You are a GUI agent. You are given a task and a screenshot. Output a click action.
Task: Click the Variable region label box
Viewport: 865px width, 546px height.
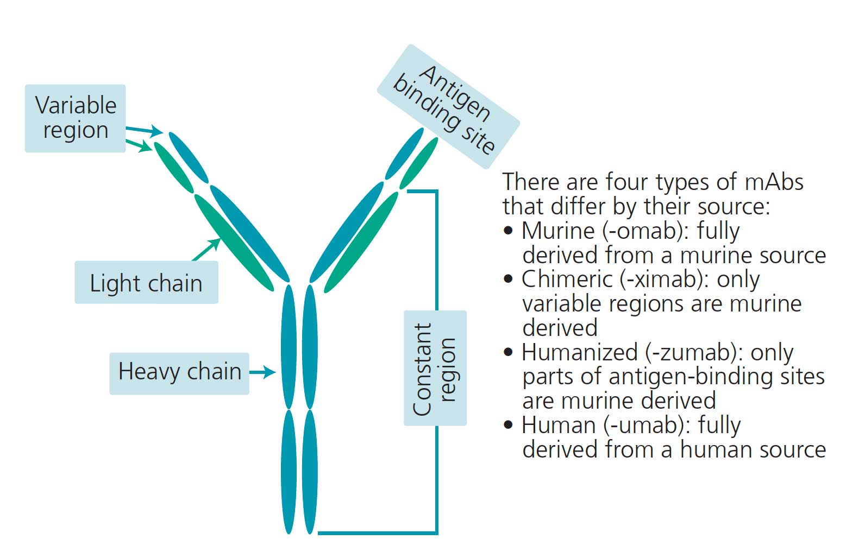pos(75,118)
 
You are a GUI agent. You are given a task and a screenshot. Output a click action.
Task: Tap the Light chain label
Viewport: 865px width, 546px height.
pos(146,283)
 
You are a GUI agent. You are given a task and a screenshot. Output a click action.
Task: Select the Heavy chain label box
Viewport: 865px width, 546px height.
pos(179,372)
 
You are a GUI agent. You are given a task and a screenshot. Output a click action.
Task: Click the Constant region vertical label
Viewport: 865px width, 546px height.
pos(435,369)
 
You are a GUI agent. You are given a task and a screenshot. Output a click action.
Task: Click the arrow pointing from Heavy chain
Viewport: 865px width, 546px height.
pos(263,372)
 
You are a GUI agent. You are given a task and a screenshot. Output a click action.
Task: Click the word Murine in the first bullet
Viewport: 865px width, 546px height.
pos(557,231)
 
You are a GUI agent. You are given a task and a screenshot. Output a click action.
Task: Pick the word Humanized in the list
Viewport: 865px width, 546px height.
pos(579,353)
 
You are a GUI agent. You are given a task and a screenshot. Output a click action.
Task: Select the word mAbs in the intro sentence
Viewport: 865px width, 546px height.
pos(774,182)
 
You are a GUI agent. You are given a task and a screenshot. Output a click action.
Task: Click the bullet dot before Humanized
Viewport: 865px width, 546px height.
pos(509,353)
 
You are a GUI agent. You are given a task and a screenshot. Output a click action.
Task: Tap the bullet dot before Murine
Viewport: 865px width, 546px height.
pos(509,231)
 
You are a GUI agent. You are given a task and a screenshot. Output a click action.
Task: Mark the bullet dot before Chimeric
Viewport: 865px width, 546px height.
pos(509,280)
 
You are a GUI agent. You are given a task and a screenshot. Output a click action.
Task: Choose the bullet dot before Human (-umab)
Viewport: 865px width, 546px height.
pos(509,426)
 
